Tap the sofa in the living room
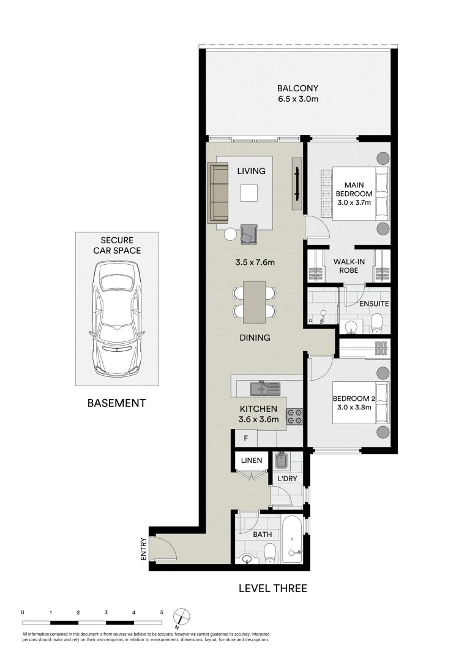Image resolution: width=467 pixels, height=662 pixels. click(218, 193)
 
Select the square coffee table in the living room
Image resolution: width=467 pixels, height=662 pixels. click(248, 193)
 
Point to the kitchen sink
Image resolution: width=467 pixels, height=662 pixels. click(265, 389)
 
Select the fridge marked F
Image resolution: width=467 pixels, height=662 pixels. click(245, 439)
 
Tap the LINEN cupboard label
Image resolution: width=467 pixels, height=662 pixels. click(251, 460)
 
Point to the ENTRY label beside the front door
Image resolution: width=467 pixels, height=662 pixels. click(143, 549)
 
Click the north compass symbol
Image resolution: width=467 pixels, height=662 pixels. click(181, 616)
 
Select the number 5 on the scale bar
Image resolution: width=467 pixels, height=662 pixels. click(162, 612)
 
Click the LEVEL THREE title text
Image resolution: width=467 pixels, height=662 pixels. click(272, 589)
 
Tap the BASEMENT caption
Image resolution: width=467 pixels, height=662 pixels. click(116, 403)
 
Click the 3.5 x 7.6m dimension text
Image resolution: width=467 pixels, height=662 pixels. click(256, 262)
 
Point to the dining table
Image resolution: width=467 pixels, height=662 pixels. click(254, 302)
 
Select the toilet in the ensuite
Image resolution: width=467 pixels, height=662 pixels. click(377, 321)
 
